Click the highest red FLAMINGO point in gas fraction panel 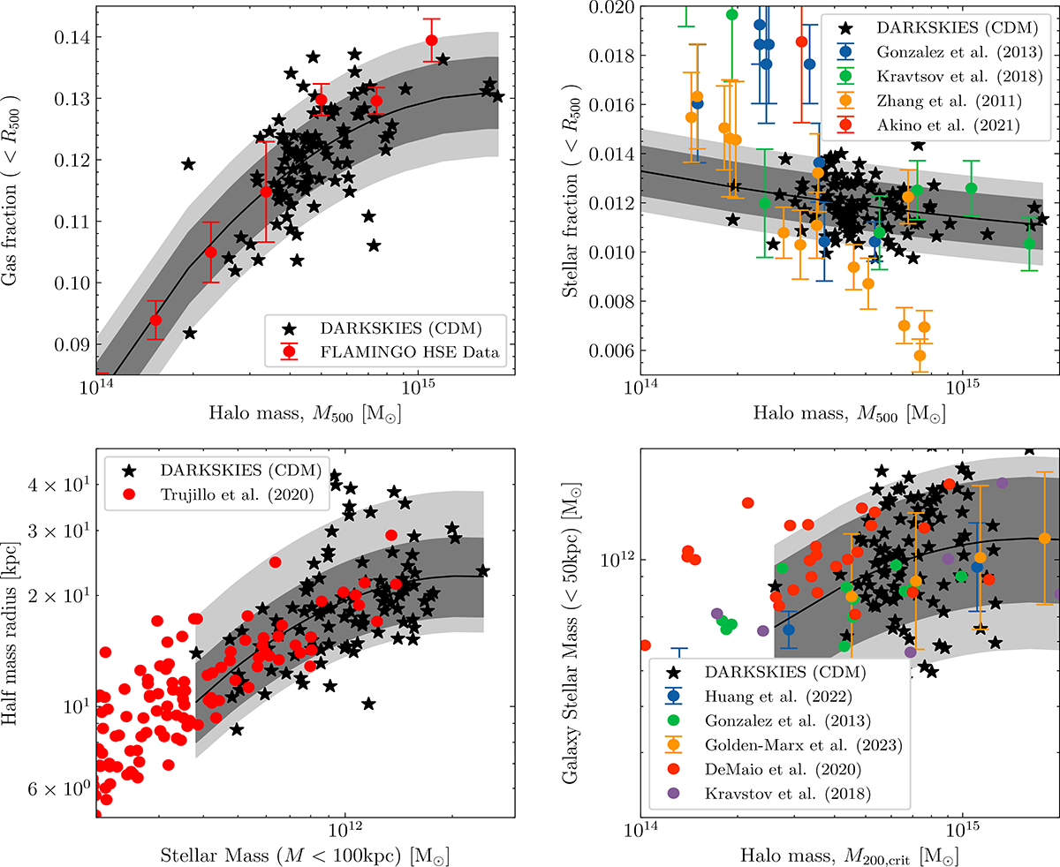(x=431, y=41)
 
